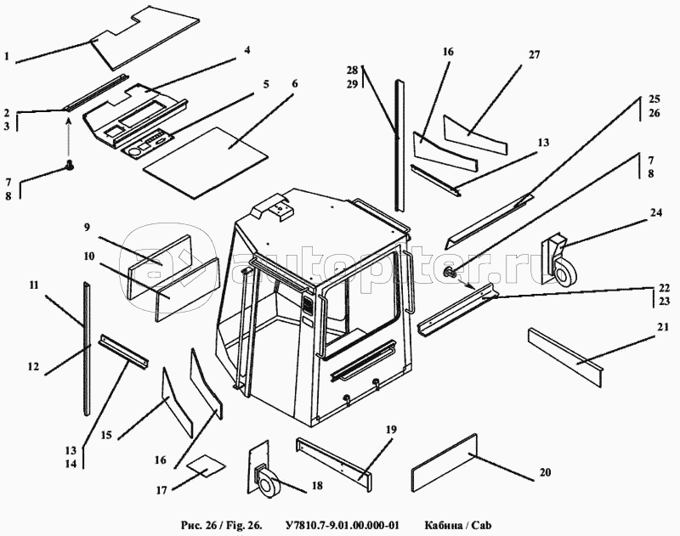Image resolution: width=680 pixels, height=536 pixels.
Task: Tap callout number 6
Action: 294,84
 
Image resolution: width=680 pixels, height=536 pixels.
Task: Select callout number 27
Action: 534,55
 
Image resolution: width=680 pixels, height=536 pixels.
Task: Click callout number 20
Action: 546,472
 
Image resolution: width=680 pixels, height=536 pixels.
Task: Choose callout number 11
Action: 33,286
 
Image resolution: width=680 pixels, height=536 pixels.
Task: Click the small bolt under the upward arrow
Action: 70,166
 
